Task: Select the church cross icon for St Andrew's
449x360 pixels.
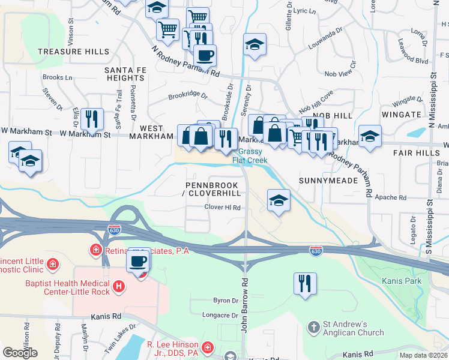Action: [x=313, y=328]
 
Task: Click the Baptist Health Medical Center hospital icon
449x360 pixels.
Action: [x=119, y=287]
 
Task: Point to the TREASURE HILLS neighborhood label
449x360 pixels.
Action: [x=68, y=52]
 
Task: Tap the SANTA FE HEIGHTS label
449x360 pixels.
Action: [x=124, y=74]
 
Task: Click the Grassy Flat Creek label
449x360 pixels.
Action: [x=250, y=156]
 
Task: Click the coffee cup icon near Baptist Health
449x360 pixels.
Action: [x=138, y=262]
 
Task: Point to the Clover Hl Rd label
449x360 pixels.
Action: [x=222, y=208]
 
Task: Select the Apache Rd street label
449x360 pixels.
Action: [x=390, y=197]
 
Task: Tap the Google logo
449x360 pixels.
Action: [x=20, y=352]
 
